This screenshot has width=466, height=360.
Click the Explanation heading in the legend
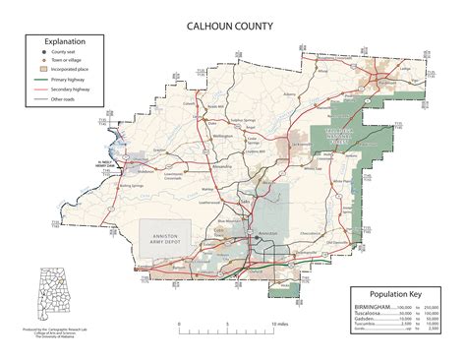[61, 43]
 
